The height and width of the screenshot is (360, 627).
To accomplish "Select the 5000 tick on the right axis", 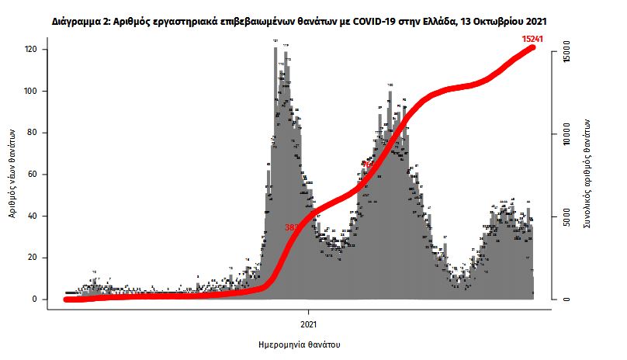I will [x=567, y=216].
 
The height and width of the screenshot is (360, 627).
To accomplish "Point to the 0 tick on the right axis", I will [x=567, y=299].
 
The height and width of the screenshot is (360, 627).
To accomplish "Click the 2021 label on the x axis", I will [x=309, y=322].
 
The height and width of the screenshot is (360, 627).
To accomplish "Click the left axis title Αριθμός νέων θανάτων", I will [x=13, y=174].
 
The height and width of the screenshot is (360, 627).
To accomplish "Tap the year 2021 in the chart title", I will [x=547, y=16].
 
